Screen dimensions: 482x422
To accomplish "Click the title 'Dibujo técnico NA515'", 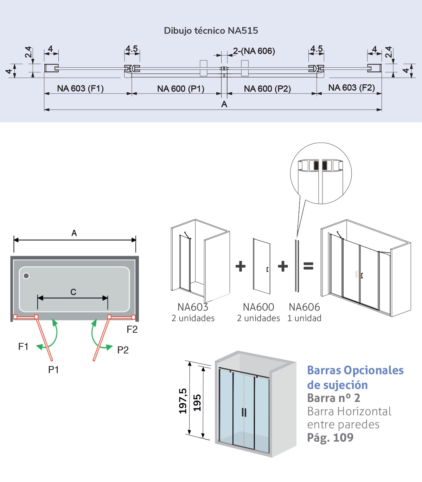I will pos(211,31).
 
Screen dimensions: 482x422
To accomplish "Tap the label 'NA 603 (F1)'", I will pos(80,89).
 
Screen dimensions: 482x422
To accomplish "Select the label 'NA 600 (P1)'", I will pos(181,89).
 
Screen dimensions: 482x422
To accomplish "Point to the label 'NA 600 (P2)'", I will pos(267,89).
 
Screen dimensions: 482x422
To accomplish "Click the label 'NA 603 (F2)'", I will pos(351,88).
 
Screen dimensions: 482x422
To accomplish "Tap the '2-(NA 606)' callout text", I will pos(254,51).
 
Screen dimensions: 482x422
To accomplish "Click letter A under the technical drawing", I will pos(224,104).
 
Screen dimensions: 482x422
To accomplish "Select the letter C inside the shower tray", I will pos(73,292).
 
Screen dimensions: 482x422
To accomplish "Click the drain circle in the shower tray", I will pos(26,276).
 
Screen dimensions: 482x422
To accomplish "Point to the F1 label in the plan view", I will pos(23,347).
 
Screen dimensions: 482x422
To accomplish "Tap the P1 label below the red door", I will pos(53,370).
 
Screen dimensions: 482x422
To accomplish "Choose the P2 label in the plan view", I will pos(123,350).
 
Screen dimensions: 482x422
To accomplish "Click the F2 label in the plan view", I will pos(132,330).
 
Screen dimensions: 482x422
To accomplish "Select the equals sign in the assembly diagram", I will pos(308,266).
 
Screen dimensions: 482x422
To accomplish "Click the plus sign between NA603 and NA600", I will pos(241,266).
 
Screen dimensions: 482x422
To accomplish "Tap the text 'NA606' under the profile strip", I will pos(304,307).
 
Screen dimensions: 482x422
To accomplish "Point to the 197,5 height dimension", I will pos(183,401).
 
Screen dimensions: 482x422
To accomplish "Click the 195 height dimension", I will pos(197,403).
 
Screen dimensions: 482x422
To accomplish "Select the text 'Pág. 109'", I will pos(330,438).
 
